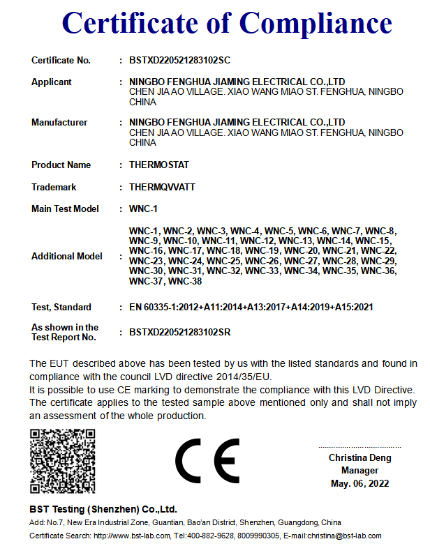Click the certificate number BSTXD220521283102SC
(179, 60)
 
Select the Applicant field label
(51, 82)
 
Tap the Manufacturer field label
(59, 123)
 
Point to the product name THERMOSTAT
(159, 165)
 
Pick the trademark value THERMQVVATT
(163, 188)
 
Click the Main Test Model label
(65, 209)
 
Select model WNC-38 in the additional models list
(185, 282)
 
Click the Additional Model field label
(67, 257)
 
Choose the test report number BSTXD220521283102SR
(180, 333)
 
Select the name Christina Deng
(360, 458)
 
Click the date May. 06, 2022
(360, 483)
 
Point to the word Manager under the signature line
(360, 471)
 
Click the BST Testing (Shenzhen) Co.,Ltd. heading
(103, 509)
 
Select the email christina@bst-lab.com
(343, 536)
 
